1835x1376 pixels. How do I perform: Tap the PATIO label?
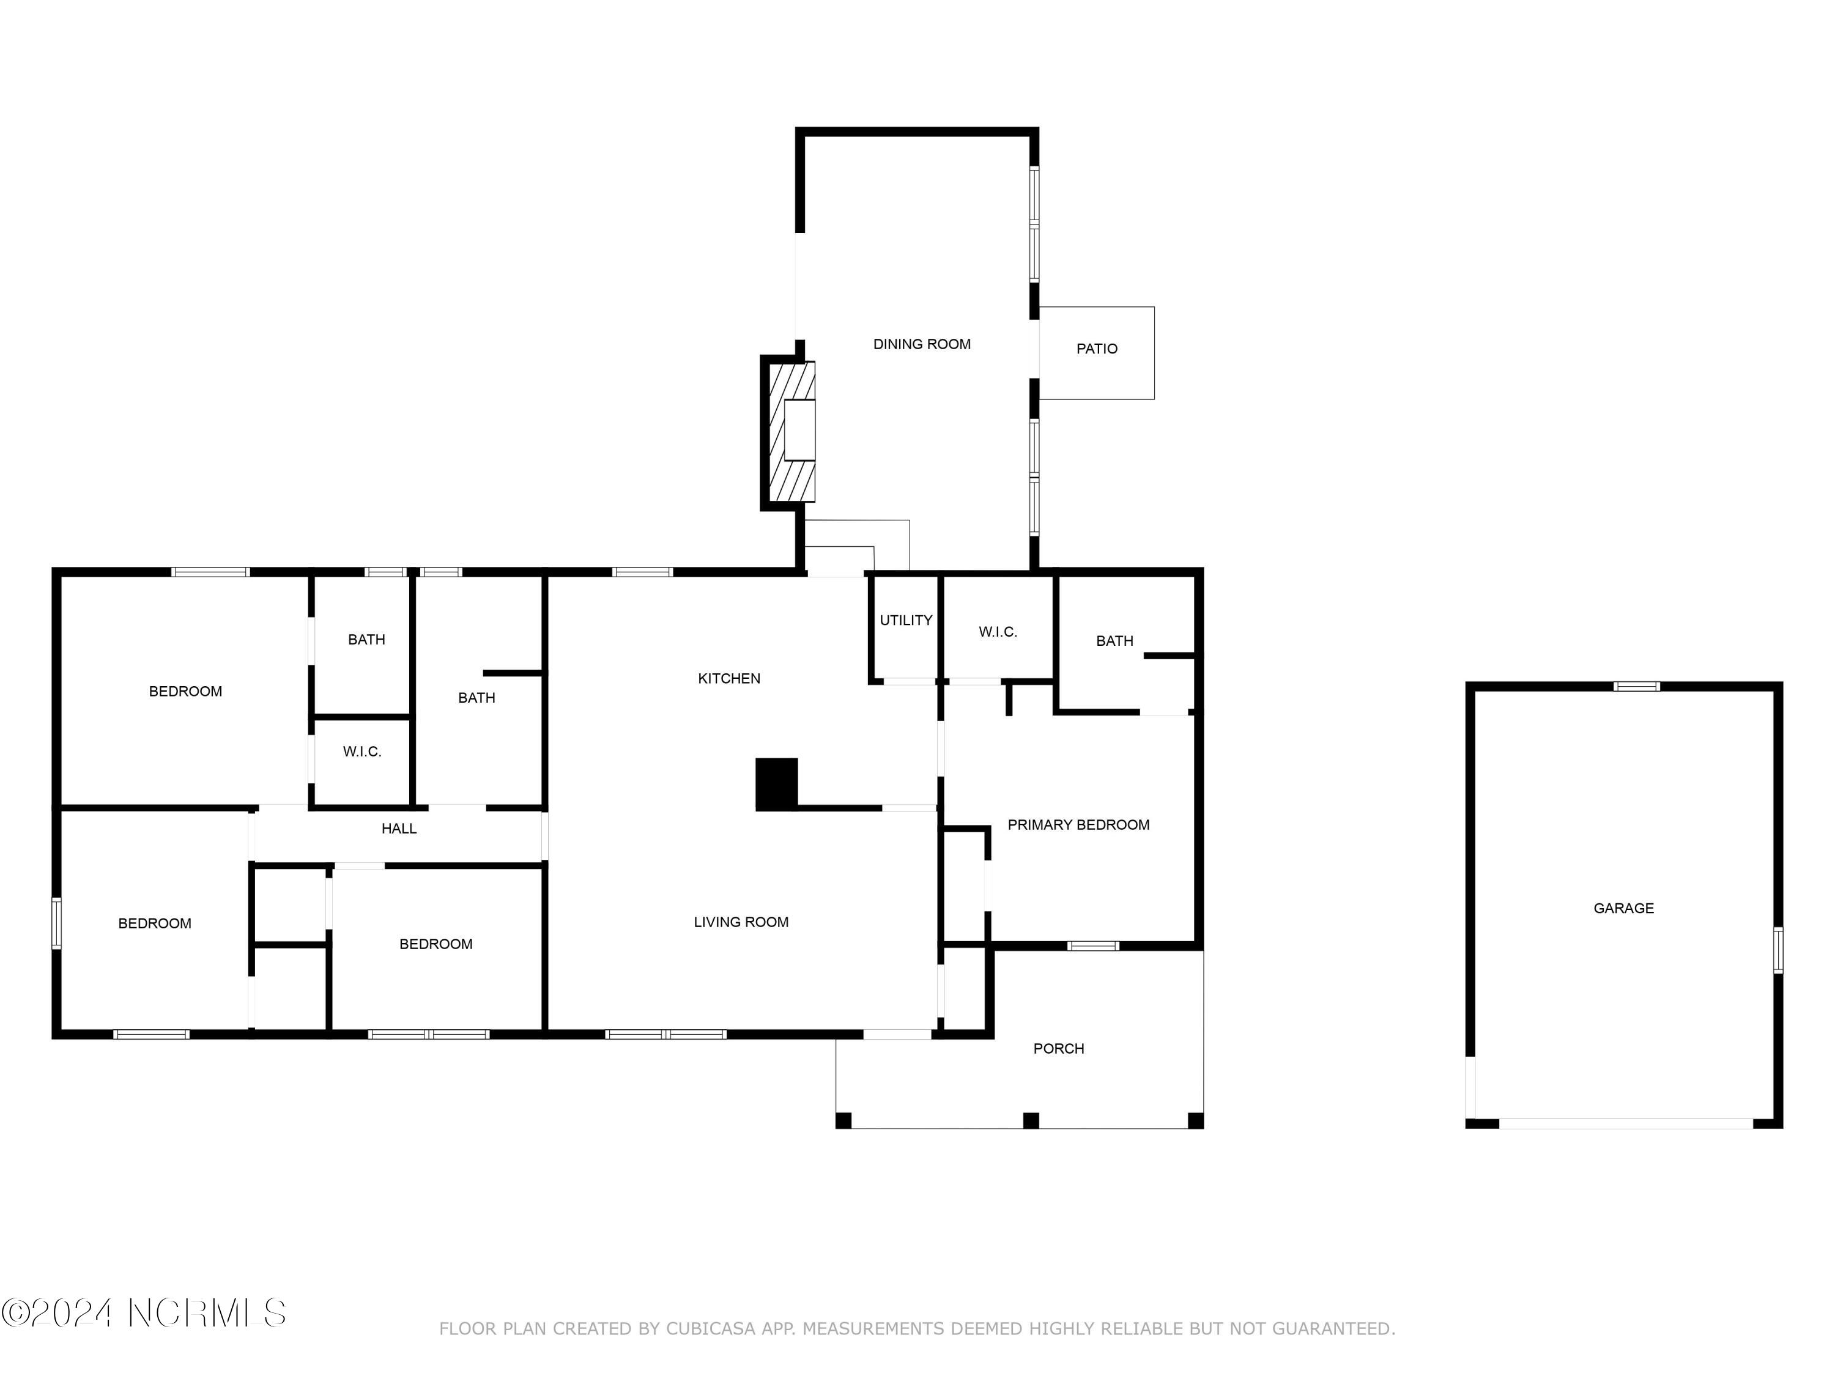pyautogui.click(x=1096, y=349)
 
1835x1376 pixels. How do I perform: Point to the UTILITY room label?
pyautogui.click(x=905, y=620)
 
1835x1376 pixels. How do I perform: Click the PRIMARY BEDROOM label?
pyautogui.click(x=1078, y=824)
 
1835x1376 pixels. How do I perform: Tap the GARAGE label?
pyautogui.click(x=1623, y=908)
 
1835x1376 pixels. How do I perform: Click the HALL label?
pyautogui.click(x=398, y=829)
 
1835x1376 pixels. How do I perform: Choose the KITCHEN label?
pyautogui.click(x=728, y=678)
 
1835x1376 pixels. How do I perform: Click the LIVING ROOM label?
pyautogui.click(x=740, y=922)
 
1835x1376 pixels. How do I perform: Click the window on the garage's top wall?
pyautogui.click(x=1636, y=686)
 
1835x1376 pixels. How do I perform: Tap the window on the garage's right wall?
pyautogui.click(x=1777, y=950)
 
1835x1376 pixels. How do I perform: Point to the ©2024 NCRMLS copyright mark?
pyautogui.click(x=144, y=1313)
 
